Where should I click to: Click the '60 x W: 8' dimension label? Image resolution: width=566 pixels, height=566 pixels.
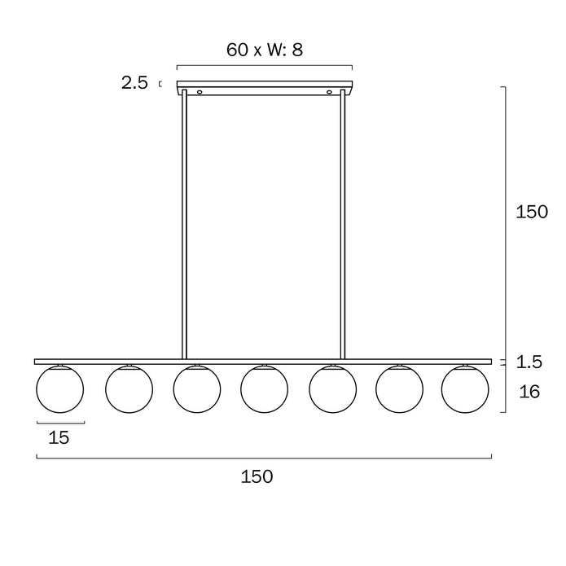(265, 50)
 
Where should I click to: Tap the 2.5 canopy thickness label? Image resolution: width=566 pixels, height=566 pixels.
(134, 83)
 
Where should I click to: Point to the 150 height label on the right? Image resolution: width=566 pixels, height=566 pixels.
(532, 212)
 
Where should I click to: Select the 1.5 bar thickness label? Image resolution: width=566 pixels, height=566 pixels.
(529, 362)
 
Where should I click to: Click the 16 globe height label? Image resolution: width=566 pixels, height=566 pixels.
(529, 392)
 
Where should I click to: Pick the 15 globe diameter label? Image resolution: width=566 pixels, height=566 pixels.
(59, 437)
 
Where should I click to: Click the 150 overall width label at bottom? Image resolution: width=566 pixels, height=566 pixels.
(257, 476)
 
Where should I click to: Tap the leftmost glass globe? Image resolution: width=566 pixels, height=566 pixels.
(60, 389)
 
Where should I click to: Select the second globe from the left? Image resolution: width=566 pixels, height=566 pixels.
(129, 389)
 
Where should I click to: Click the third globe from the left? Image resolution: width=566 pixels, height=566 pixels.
(197, 389)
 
